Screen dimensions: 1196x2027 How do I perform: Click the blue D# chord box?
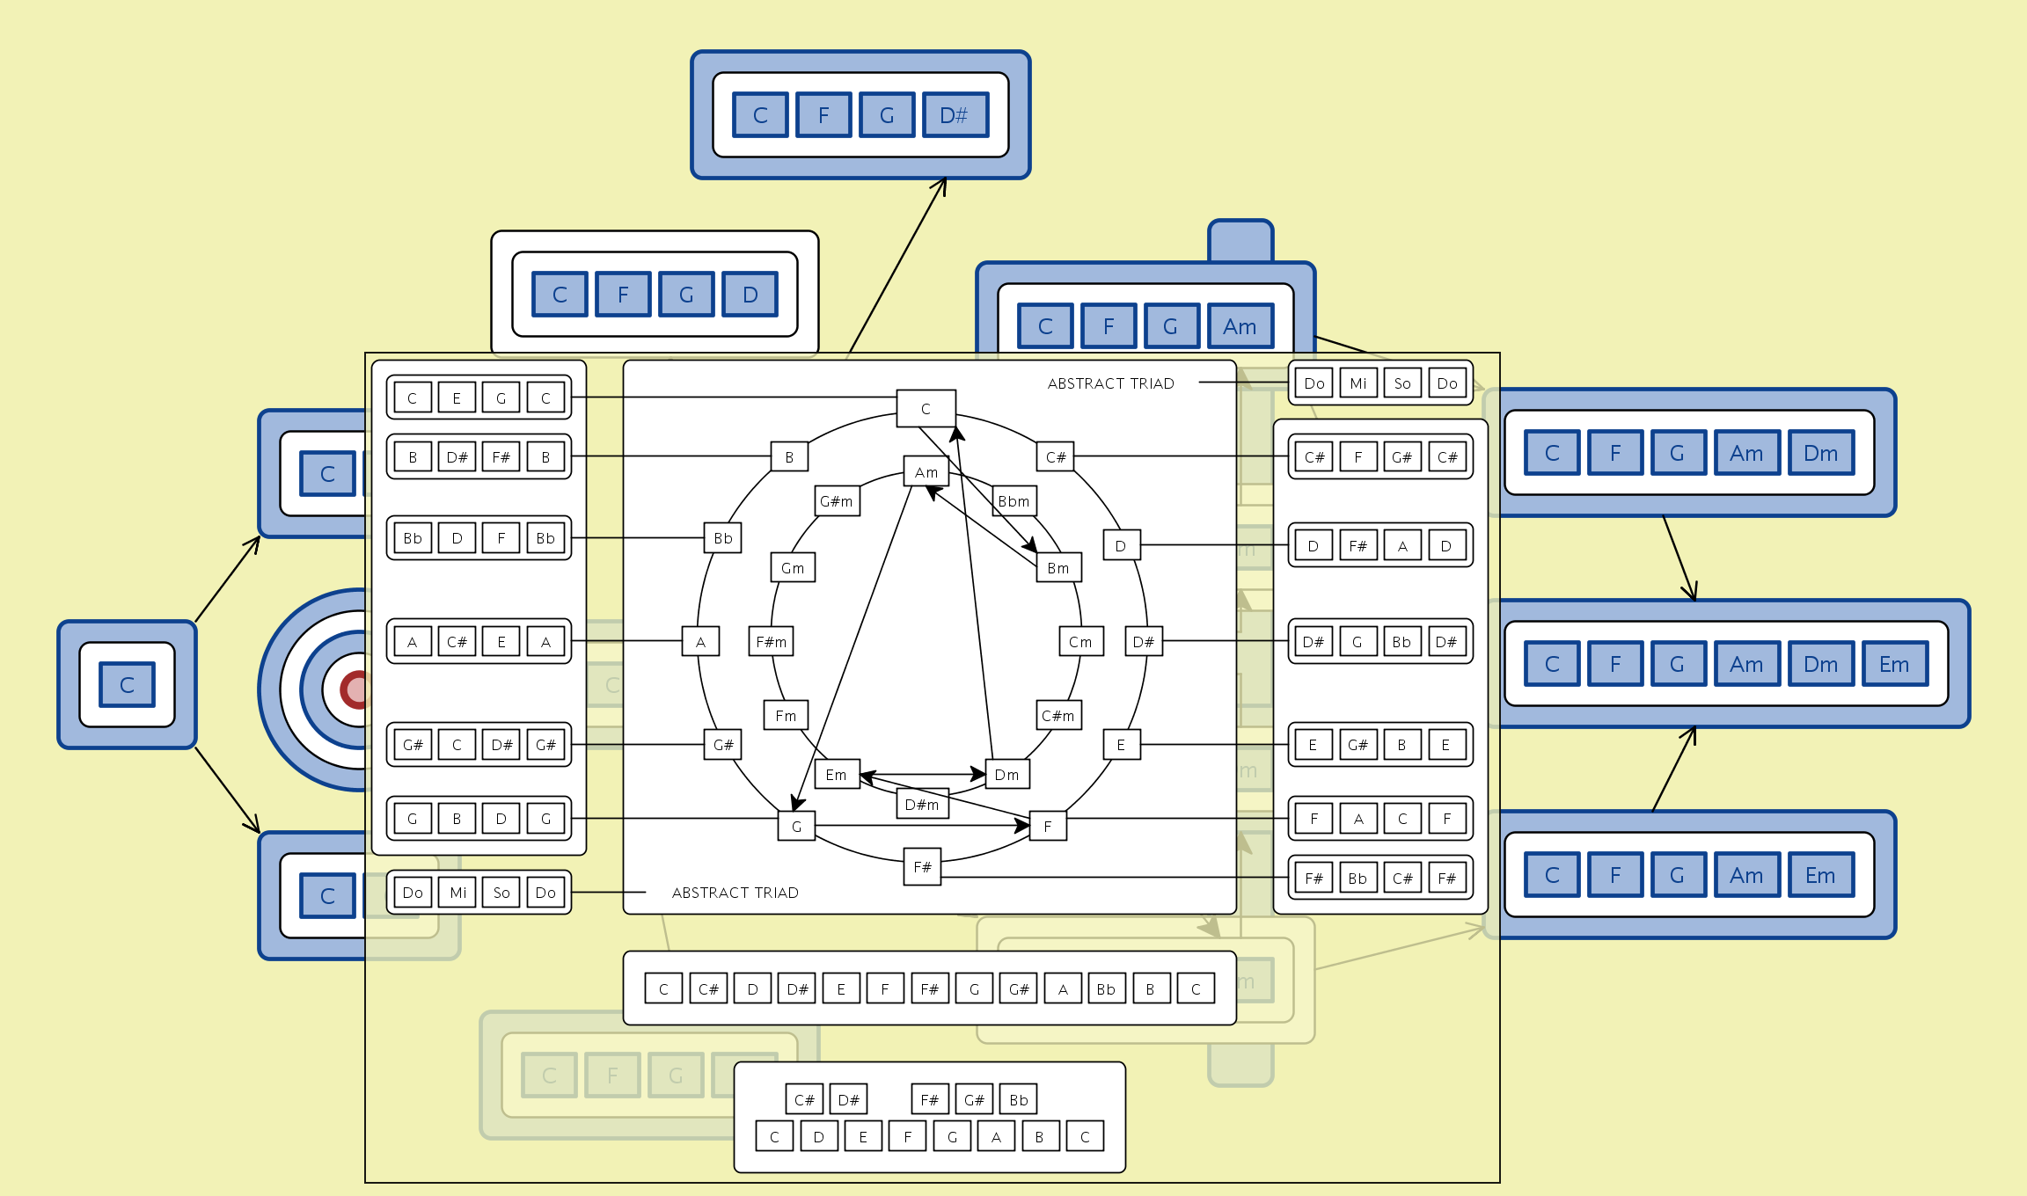pos(955,115)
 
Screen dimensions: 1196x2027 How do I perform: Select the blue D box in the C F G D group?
pos(750,295)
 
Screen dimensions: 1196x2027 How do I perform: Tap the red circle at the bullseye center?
pos(355,690)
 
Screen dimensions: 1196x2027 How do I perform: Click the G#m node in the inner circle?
pos(837,501)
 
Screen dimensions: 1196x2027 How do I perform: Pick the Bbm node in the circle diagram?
pos(1013,501)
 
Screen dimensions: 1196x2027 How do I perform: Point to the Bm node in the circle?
pos(1058,568)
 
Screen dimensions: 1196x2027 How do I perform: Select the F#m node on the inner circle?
pos(772,642)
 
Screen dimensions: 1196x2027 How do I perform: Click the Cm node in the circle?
pos(1080,642)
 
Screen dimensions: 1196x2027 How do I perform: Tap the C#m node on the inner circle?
pos(1057,716)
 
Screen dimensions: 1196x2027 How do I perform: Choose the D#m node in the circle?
pos(922,805)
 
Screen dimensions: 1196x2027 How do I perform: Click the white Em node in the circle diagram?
pos(836,775)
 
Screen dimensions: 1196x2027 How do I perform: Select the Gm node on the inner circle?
pos(793,568)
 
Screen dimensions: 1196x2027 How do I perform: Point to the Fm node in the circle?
pos(786,716)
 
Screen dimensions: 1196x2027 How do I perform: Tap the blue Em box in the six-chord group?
pos(1894,664)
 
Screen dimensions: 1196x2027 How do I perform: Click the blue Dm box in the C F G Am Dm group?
pos(1820,453)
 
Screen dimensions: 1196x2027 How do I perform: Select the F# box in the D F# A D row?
pos(1358,546)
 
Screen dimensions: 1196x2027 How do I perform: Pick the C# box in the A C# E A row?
pos(457,642)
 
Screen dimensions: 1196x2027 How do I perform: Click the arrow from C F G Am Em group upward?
pos(1673,769)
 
